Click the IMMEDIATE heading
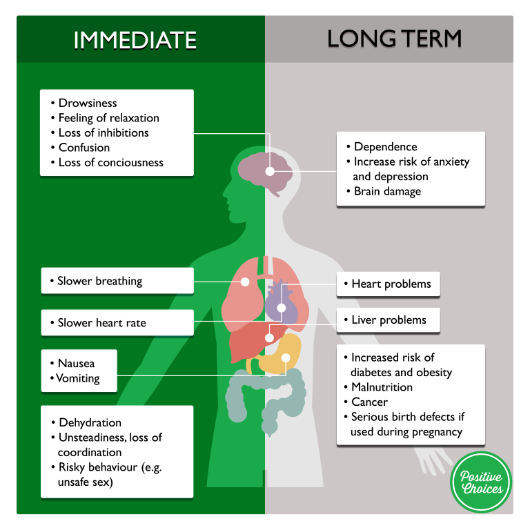(135, 40)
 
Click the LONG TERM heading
(394, 39)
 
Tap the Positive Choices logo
(481, 482)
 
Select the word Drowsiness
(88, 103)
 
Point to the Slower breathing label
(100, 281)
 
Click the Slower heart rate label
(102, 322)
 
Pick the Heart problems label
(391, 284)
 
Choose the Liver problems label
(389, 320)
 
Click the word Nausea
(77, 363)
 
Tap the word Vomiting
(79, 378)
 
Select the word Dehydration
(90, 422)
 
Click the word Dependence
(385, 146)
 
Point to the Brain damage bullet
(387, 191)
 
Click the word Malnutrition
(382, 387)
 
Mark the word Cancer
(369, 402)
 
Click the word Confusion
(84, 147)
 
